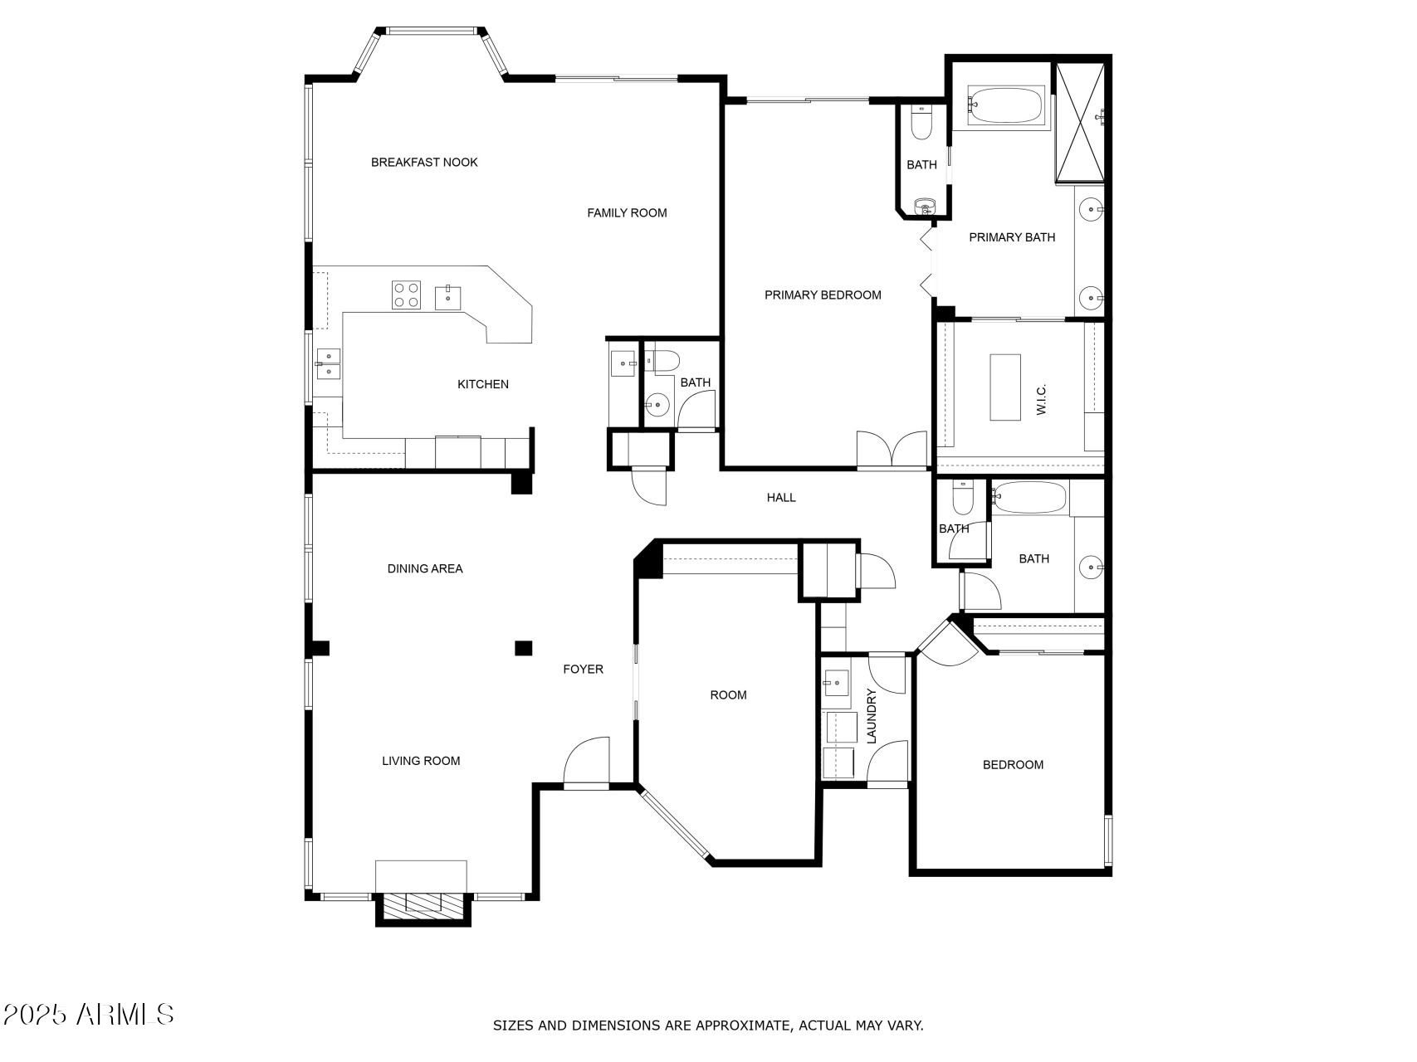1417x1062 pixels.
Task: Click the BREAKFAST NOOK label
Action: tap(424, 163)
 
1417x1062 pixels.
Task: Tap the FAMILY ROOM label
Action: tap(627, 213)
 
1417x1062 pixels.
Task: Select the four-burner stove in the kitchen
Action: tap(406, 295)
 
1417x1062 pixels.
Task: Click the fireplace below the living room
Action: tap(423, 904)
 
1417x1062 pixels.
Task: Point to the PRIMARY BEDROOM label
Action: tap(823, 295)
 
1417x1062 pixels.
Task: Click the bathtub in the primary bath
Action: tap(1005, 105)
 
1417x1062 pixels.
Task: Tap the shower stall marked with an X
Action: tap(1080, 121)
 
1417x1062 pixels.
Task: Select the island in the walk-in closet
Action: tap(1005, 387)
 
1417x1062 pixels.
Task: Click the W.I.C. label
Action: tap(1042, 399)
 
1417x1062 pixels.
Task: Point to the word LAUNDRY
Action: tap(872, 716)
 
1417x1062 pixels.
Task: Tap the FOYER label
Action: tap(583, 670)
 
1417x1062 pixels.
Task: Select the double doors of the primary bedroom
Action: tap(892, 450)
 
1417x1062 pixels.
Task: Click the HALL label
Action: tap(781, 498)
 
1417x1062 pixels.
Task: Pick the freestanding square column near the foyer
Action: tap(523, 648)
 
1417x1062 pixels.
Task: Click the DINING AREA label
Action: tap(425, 569)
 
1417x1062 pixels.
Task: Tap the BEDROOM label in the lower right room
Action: tap(1013, 765)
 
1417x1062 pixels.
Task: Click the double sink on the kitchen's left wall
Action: tap(329, 363)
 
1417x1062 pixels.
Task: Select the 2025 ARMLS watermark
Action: tap(88, 1014)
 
